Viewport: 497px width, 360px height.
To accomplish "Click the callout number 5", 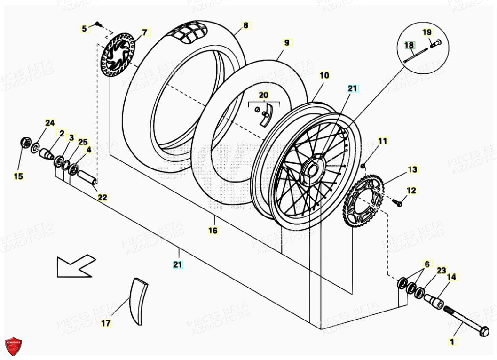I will pos(84,29).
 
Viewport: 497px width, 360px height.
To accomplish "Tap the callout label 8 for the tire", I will pos(245,25).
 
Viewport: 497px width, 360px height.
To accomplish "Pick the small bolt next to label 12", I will pos(398,203).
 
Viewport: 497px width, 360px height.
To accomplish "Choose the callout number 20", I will pos(264,96).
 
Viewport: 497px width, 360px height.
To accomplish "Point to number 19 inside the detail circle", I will pos(426,32).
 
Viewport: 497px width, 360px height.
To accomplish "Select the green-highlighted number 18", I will pos(409,45).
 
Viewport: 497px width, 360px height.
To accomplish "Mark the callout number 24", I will pos(50,123).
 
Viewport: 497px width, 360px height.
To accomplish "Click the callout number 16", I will pos(213,231).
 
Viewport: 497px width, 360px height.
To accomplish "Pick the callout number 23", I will pos(441,271).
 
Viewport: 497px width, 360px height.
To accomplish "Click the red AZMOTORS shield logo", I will pos(14,346).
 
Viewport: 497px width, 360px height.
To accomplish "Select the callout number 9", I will pos(286,43).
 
